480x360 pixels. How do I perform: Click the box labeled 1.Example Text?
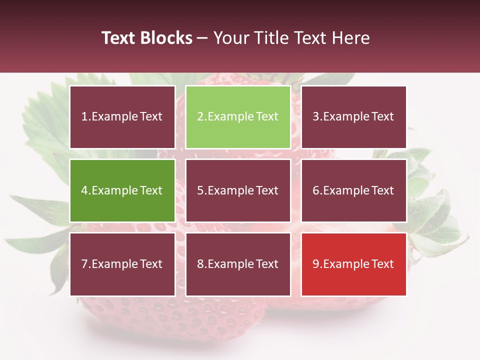122,117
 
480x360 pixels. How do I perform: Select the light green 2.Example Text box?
238,117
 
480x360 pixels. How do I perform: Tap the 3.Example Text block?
353,117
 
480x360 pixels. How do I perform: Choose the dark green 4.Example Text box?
122,190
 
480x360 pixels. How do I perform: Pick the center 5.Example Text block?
238,190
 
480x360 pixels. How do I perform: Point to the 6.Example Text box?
353,190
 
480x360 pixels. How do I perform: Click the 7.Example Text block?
122,264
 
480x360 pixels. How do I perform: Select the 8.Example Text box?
238,264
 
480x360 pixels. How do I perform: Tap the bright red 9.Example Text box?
353,264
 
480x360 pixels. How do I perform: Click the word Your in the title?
229,38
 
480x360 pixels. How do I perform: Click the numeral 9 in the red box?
316,264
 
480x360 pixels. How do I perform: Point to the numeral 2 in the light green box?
200,117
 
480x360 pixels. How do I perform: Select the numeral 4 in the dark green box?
84,190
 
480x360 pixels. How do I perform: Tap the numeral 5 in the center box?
200,190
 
